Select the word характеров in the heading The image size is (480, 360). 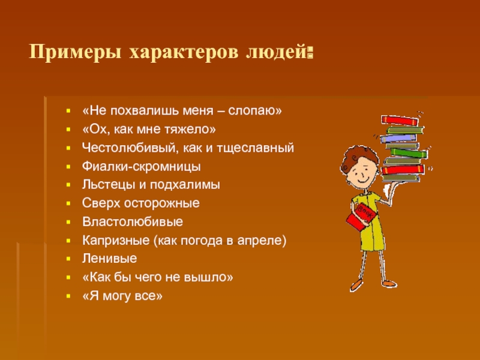click(184, 53)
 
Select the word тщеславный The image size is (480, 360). click(256, 148)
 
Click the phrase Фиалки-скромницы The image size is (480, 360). click(142, 167)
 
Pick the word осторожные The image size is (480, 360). click(161, 203)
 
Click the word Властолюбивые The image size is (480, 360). click(133, 221)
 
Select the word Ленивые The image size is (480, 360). click(109, 259)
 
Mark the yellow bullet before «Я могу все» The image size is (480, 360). click(68, 296)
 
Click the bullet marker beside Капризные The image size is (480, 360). click(68, 241)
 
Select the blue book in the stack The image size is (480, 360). click(398, 138)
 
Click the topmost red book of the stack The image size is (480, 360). click(400, 121)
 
